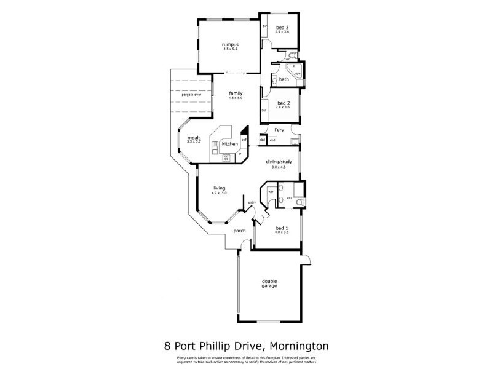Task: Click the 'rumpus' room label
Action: coord(231,45)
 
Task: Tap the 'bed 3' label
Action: coord(282,27)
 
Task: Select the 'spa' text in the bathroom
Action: coord(298,74)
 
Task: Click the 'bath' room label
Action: coord(284,79)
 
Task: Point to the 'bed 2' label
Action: coord(283,103)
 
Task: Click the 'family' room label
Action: coord(236,93)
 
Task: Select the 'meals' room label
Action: coord(194,137)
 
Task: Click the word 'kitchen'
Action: coord(230,143)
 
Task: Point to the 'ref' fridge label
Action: coord(244,140)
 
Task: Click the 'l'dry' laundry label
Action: coord(279,130)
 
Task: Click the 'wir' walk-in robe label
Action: coord(270,192)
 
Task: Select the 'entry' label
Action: coord(252,202)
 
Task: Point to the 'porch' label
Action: coord(239,231)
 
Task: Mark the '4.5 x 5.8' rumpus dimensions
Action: coord(231,49)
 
